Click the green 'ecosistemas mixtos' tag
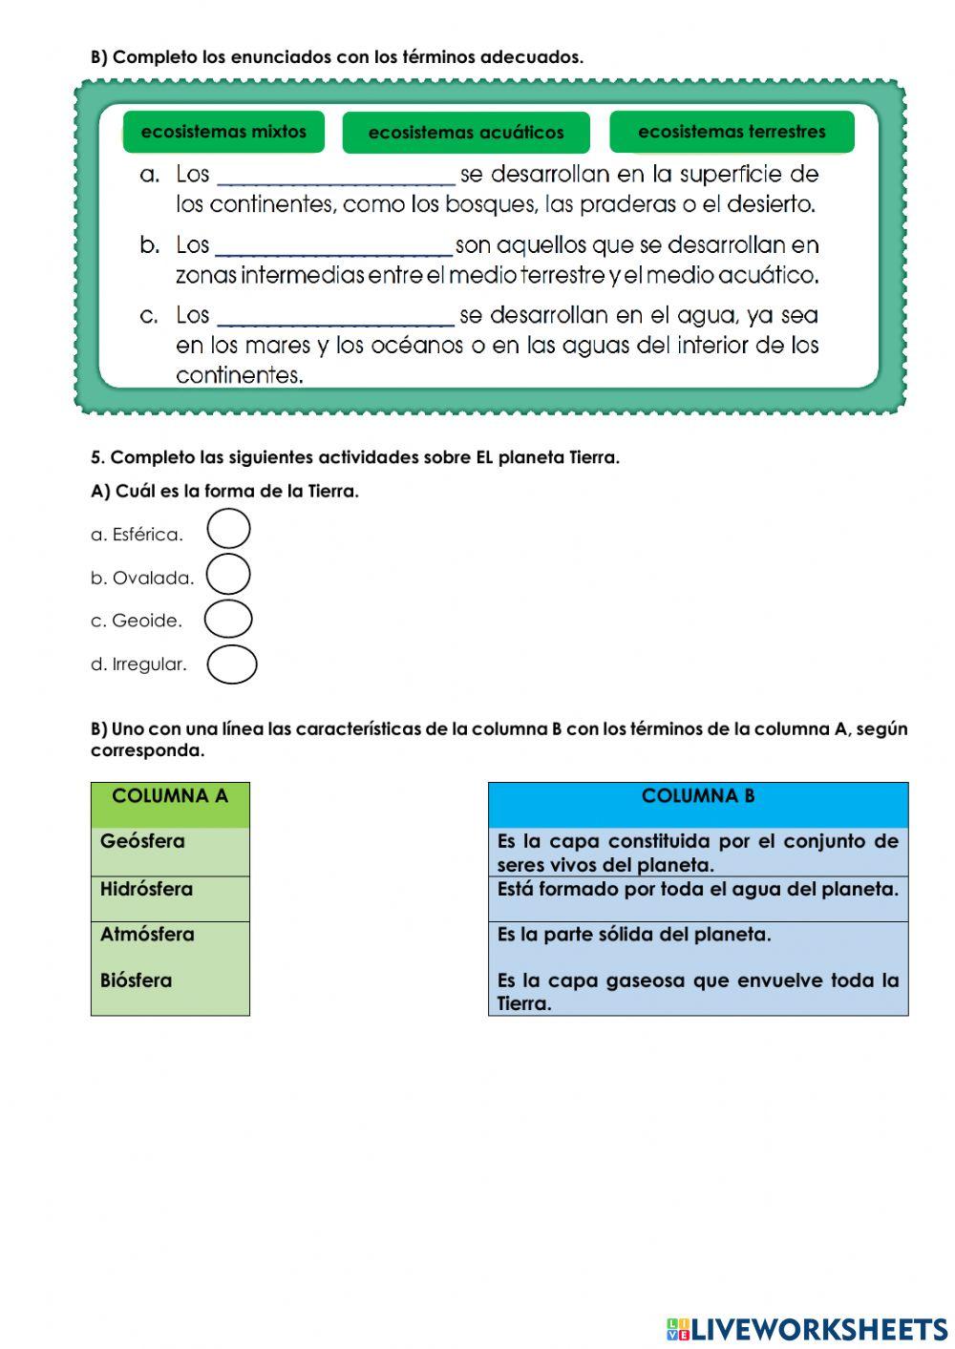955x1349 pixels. (x=223, y=132)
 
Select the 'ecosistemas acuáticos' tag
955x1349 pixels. (x=466, y=133)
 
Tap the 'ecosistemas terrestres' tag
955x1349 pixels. (x=732, y=132)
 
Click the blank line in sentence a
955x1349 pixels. (x=336, y=177)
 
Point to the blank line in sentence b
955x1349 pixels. (x=334, y=247)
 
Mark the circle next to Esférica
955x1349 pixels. (x=228, y=529)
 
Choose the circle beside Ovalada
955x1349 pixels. (x=228, y=575)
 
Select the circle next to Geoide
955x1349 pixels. (x=228, y=619)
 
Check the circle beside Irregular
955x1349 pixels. (x=232, y=664)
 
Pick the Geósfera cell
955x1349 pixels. (x=170, y=851)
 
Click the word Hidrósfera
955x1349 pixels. (x=146, y=889)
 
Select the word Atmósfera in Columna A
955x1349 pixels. (x=147, y=935)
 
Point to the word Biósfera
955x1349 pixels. (x=136, y=980)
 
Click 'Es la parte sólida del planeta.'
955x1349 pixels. (x=634, y=935)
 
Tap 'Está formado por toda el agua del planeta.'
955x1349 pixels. (x=698, y=890)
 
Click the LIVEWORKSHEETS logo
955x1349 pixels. (x=807, y=1329)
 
